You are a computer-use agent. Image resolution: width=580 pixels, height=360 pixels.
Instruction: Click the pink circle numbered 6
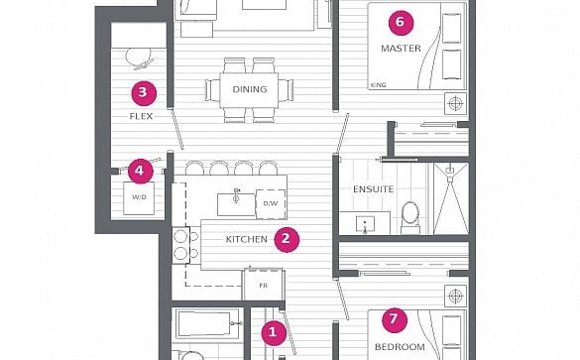[x=401, y=23]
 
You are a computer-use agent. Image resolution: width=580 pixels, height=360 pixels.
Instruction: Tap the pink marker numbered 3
[x=144, y=93]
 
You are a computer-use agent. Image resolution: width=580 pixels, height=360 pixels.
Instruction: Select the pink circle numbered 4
[x=141, y=171]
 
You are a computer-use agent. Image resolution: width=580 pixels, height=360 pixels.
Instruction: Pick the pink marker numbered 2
[x=287, y=239]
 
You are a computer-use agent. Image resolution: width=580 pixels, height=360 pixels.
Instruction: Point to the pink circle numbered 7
[x=395, y=319]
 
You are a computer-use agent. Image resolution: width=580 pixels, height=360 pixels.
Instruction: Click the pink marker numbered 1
[x=274, y=333]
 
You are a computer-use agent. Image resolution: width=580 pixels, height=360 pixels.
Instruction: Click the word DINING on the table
[x=250, y=89]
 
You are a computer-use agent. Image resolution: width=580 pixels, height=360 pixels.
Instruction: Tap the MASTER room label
[x=401, y=49]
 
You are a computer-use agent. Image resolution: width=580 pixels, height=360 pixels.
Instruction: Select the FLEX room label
[x=141, y=116]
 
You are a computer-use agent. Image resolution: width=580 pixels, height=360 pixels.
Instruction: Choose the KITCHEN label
[x=247, y=239]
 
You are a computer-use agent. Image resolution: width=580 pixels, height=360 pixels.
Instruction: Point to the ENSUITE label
[x=373, y=189]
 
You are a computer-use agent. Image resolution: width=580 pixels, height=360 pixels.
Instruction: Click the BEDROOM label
[x=400, y=347]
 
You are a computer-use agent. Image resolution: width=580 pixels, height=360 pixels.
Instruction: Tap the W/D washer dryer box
[x=139, y=198]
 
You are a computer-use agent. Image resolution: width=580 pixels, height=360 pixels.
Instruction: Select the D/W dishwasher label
[x=271, y=203]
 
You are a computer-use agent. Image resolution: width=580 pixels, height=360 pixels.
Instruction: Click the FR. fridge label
[x=264, y=286]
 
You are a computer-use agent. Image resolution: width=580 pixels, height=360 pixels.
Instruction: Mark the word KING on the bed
[x=378, y=85]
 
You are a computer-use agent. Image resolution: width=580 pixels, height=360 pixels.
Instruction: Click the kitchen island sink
[x=236, y=203]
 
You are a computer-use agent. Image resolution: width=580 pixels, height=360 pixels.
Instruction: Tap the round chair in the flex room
[x=139, y=59]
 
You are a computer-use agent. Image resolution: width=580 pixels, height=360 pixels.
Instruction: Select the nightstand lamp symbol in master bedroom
[x=455, y=103]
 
